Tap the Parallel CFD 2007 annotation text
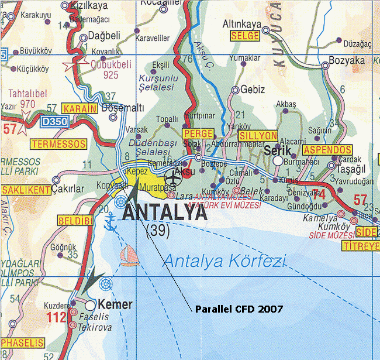click(x=239, y=308)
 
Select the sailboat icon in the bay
click(x=128, y=255)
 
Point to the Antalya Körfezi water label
click(x=225, y=261)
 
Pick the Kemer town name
click(x=117, y=304)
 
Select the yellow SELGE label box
click(x=245, y=36)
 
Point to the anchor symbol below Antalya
click(x=110, y=221)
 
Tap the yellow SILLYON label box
click(x=258, y=136)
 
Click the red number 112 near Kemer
click(x=56, y=318)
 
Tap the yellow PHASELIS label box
click(x=23, y=342)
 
